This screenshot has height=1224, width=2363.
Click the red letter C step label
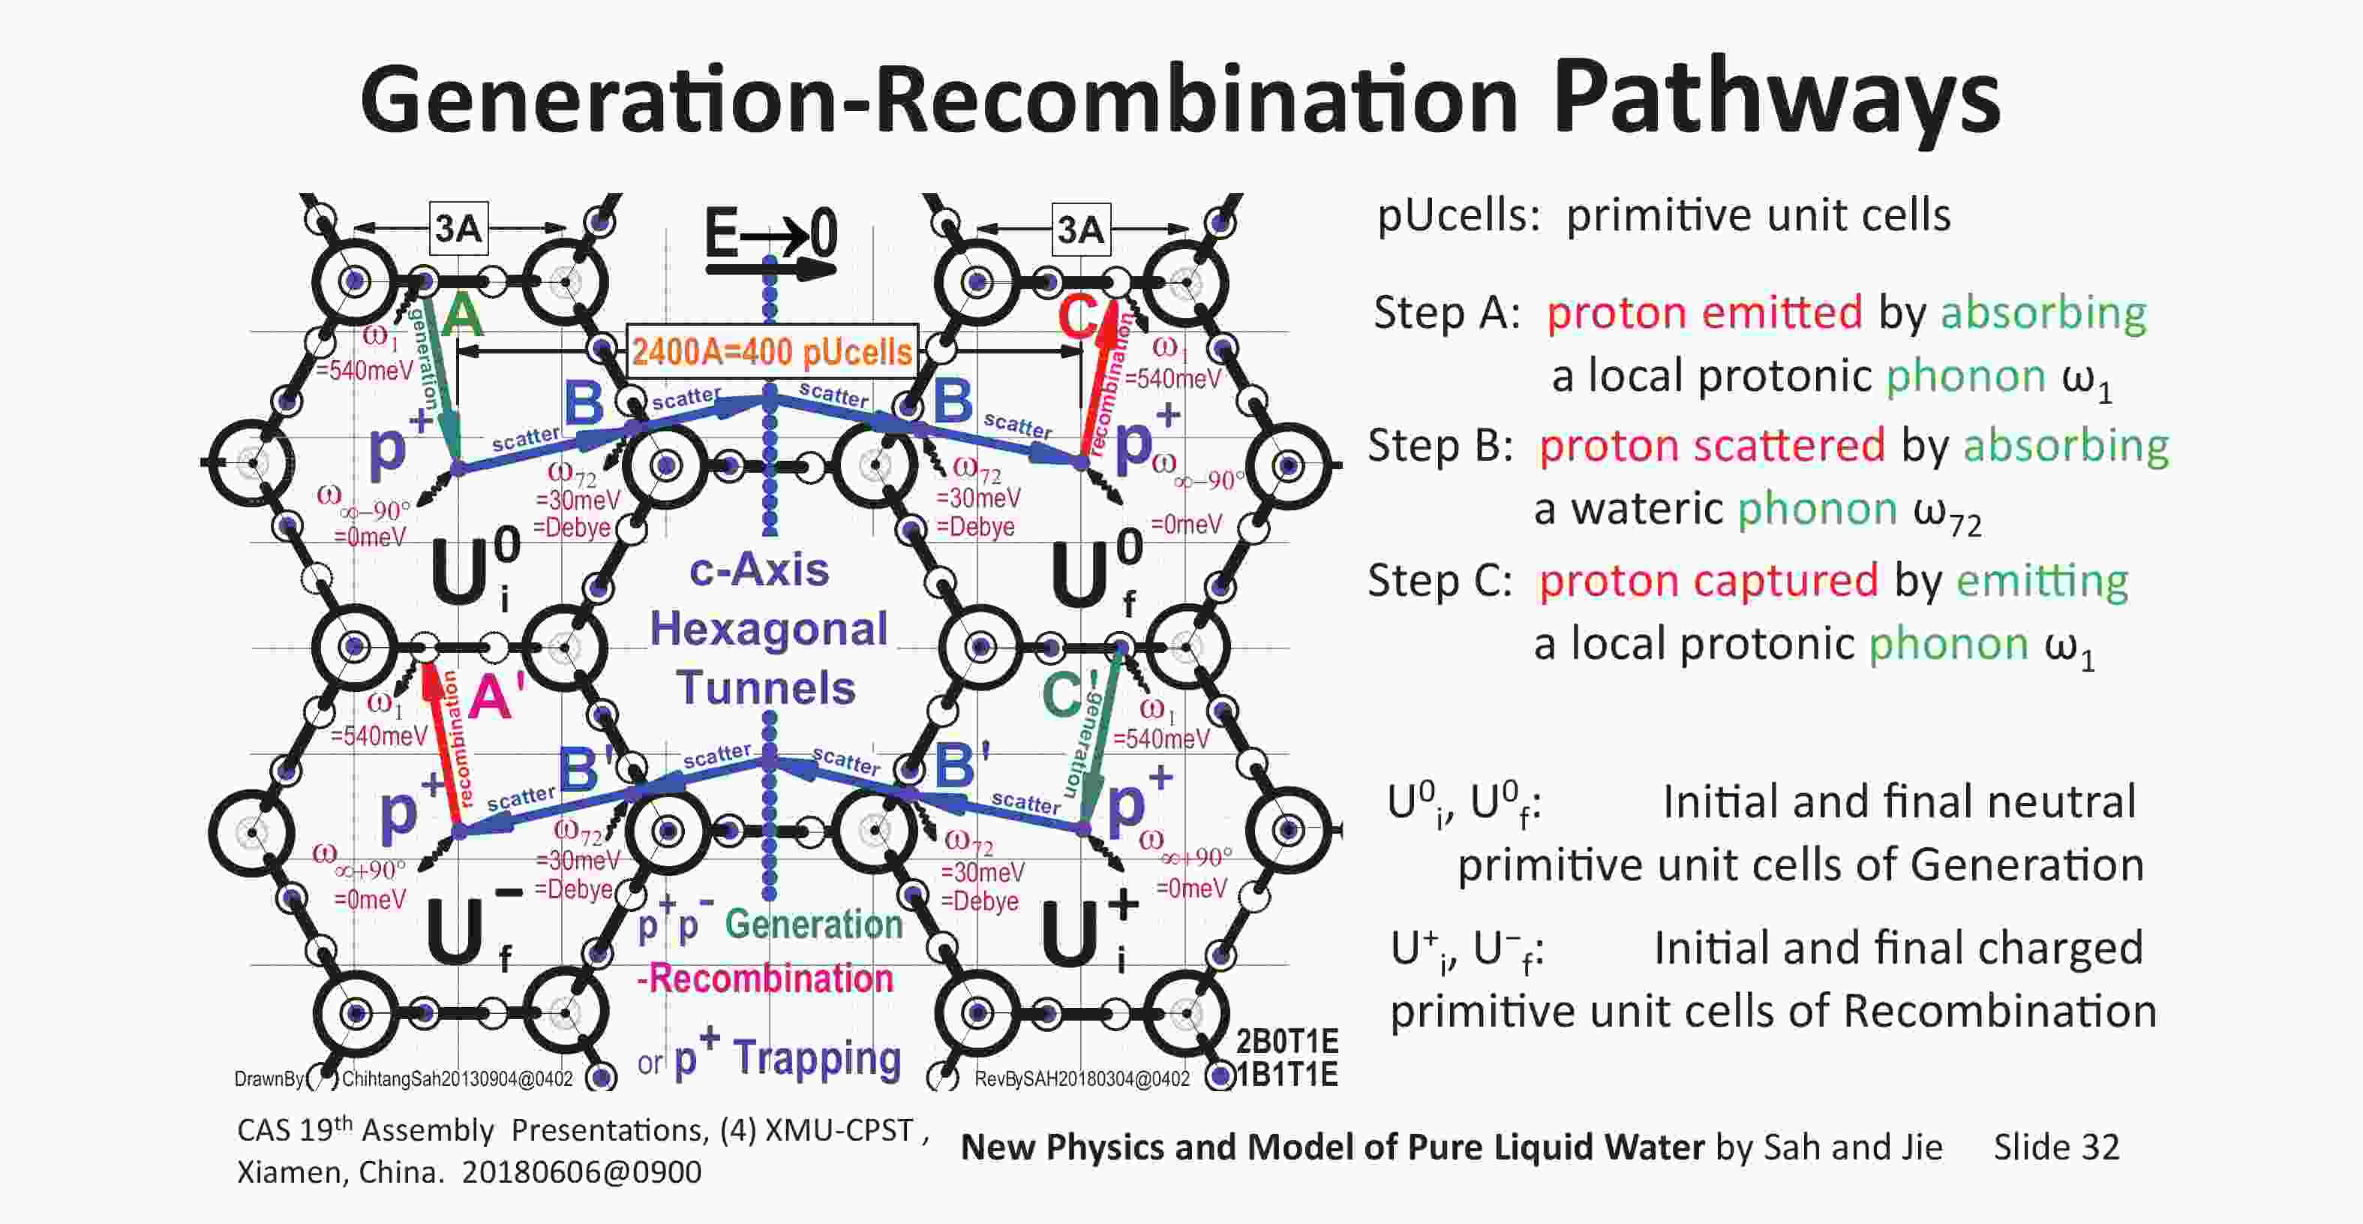point(1077,317)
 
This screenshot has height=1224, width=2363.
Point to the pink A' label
point(497,696)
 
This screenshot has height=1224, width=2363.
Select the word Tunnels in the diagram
point(766,688)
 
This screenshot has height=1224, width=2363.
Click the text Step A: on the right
point(1446,313)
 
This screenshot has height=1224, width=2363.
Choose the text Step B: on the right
point(1440,446)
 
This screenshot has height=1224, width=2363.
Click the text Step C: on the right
point(1440,581)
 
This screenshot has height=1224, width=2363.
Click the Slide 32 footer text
point(2057,1147)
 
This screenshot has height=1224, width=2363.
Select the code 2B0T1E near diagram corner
point(1287,1042)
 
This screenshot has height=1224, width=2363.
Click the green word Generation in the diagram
point(815,924)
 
